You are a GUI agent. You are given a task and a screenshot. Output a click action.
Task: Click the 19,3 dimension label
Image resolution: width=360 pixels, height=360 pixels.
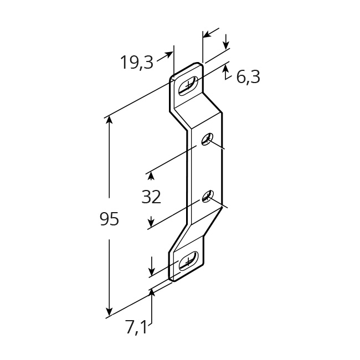pyautogui.click(x=137, y=63)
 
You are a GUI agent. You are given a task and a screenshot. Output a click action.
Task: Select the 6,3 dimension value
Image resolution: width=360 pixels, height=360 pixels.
pyautogui.click(x=248, y=77)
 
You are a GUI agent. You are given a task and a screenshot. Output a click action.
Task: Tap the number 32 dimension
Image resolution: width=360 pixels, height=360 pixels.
pyautogui.click(x=151, y=197)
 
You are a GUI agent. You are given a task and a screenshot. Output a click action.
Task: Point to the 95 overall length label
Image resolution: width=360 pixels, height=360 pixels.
pyautogui.click(x=109, y=218)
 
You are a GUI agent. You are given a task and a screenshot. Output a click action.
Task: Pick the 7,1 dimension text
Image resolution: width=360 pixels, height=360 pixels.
pyautogui.click(x=136, y=326)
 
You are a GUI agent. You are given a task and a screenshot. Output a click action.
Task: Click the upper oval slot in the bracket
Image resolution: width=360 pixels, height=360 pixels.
pyautogui.click(x=188, y=86)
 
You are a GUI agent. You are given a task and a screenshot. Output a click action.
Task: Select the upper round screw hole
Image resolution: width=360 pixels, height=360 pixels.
pyautogui.click(x=207, y=139)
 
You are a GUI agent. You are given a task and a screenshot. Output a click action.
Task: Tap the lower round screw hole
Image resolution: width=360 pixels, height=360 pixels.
pyautogui.click(x=208, y=196)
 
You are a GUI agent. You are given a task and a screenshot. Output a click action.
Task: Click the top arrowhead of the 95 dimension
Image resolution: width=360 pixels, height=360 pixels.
pyautogui.click(x=109, y=121)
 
